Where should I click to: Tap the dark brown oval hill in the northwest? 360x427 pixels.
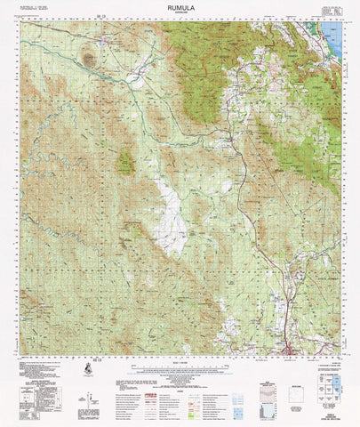[89, 60]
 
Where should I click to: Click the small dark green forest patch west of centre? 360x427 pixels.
[126, 161]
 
